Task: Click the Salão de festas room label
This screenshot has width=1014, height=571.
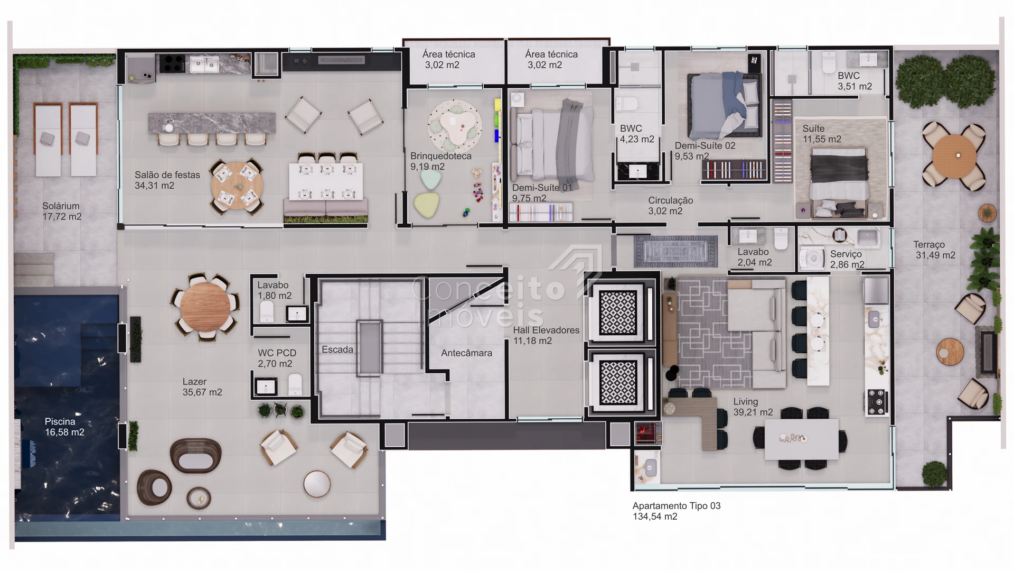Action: (167, 175)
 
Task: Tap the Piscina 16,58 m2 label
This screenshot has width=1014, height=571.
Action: (64, 427)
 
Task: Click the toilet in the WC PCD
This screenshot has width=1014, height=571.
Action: (295, 384)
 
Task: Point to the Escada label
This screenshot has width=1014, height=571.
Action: (337, 349)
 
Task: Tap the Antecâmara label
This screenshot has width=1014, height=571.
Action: (466, 353)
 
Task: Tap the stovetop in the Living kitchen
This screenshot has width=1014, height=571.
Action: (877, 402)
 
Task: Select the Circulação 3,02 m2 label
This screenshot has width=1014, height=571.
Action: (670, 206)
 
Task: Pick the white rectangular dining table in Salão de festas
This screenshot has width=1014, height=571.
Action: (326, 181)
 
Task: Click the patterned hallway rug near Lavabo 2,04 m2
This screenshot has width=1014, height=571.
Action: (675, 251)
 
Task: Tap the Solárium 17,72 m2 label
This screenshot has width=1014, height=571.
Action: (62, 211)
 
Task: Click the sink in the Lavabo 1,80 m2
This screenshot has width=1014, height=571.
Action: (297, 314)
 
